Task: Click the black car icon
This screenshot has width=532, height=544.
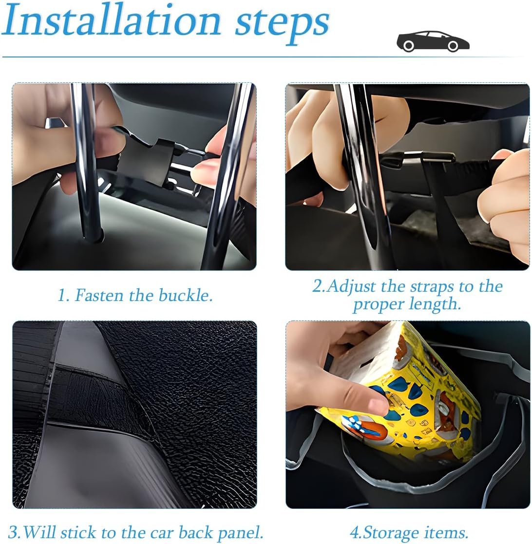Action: click(x=433, y=41)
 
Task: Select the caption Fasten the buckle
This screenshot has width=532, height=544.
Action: click(x=135, y=295)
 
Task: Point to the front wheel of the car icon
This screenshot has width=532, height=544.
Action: click(x=453, y=46)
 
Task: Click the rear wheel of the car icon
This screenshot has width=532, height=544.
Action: click(x=408, y=46)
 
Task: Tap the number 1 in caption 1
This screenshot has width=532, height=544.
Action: click(x=61, y=296)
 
